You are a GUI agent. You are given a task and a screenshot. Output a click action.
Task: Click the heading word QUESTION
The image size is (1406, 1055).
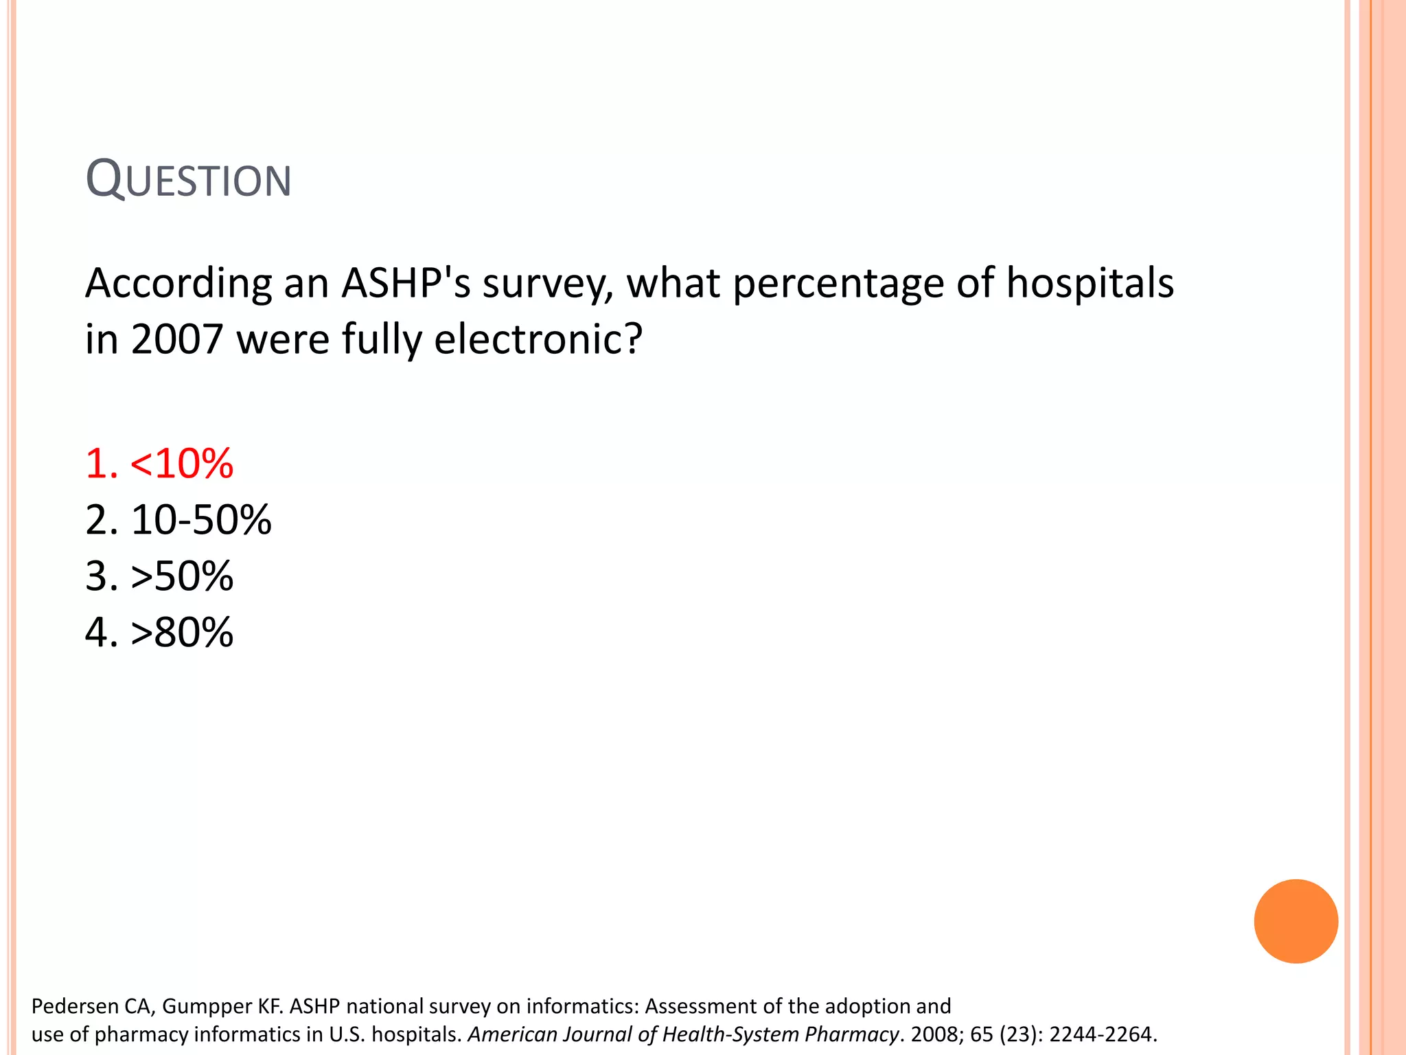189,179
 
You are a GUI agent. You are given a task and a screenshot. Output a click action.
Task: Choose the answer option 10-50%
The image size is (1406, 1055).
178,519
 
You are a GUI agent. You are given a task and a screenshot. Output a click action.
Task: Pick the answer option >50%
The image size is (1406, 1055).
159,576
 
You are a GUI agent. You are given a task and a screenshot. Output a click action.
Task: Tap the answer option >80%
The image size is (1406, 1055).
159,632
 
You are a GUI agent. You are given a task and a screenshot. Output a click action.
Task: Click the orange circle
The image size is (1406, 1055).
1295,921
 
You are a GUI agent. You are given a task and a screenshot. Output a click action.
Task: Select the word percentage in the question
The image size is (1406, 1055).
838,284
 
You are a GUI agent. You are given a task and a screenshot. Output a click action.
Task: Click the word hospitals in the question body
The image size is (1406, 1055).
1090,284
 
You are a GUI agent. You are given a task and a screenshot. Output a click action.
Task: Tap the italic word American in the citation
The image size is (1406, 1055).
512,1034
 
